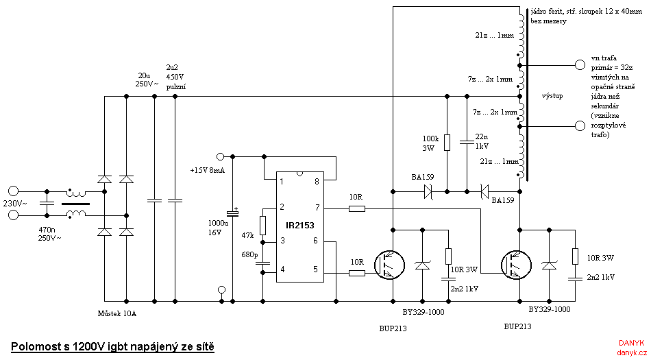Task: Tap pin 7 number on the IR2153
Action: [x=316, y=208]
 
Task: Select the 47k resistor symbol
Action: [x=262, y=226]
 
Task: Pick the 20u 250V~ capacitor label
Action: [x=146, y=79]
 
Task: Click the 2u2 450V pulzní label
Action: [x=176, y=77]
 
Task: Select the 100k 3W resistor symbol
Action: [x=447, y=143]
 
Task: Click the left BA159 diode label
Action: [x=423, y=176]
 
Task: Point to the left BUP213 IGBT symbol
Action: [x=388, y=264]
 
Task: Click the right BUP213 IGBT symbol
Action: [x=515, y=264]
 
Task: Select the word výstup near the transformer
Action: [x=552, y=96]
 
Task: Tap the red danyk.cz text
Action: [x=631, y=352]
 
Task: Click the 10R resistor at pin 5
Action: [x=356, y=273]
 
